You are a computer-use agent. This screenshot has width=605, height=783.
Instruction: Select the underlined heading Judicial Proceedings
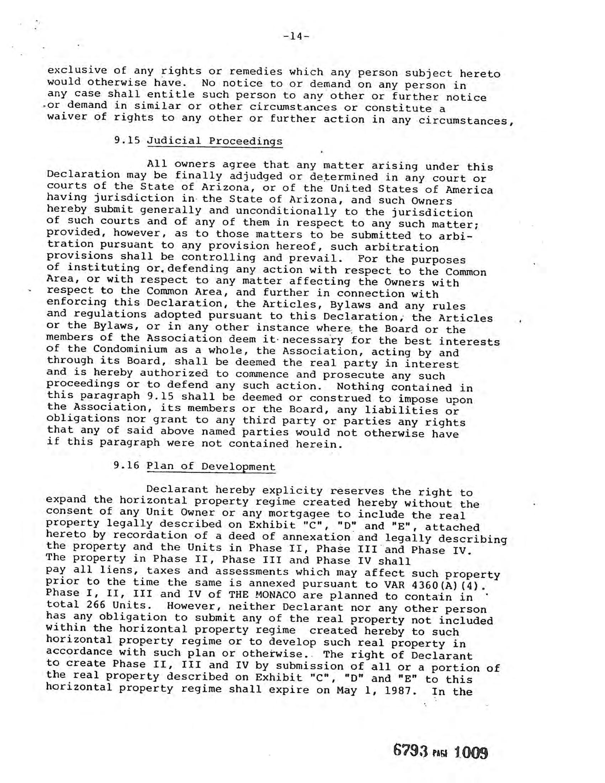tap(215, 141)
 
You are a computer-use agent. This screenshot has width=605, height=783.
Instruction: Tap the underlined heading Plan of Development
tap(211, 467)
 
